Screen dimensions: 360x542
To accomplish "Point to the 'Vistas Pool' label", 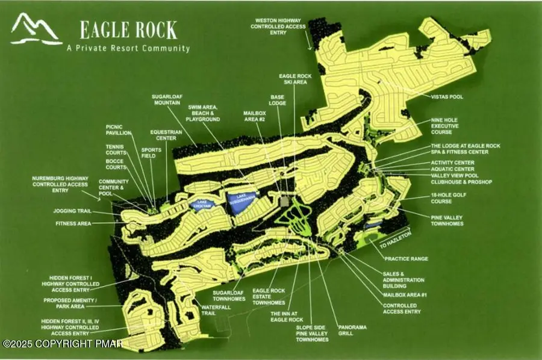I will click(x=446, y=96).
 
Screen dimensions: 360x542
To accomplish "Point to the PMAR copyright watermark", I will click(x=62, y=344).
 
